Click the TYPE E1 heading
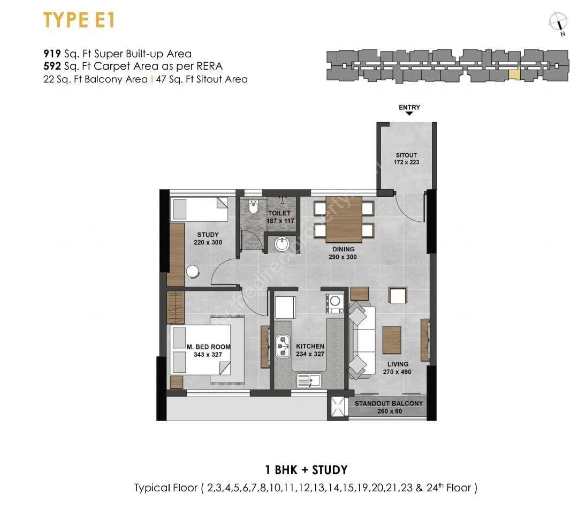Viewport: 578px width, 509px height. click(79, 20)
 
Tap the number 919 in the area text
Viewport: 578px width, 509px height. click(52, 54)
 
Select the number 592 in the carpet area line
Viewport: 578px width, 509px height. click(52, 66)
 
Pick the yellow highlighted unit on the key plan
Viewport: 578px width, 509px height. click(514, 73)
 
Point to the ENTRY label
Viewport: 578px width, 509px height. click(409, 107)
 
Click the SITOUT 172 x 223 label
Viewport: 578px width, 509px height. click(406, 159)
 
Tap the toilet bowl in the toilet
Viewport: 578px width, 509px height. click(254, 207)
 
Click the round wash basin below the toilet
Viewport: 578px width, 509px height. click(282, 244)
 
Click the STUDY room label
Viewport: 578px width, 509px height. click(208, 238)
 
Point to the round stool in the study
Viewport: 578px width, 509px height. click(193, 271)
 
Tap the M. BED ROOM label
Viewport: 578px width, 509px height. click(208, 350)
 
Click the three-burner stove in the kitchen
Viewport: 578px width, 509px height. click(283, 346)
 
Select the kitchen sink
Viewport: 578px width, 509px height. click(309, 381)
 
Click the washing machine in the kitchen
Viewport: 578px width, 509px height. click(334, 303)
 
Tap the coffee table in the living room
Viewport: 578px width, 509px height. click(392, 340)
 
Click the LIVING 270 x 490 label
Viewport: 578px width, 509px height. click(397, 368)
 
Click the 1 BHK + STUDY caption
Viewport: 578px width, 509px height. click(306, 470)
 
